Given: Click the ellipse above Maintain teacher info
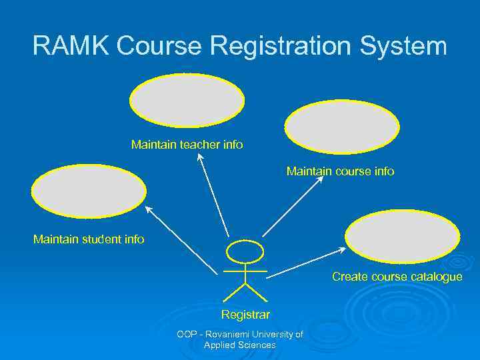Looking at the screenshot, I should click(x=187, y=100).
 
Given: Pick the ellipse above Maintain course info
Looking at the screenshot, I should click(x=342, y=127).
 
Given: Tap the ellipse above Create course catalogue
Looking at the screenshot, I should click(x=403, y=236).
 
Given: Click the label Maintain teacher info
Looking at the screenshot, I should click(x=187, y=144).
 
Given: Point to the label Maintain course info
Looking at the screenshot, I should click(x=340, y=171).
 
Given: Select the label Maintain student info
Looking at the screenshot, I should click(x=89, y=239).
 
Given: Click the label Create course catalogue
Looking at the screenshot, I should click(x=397, y=277).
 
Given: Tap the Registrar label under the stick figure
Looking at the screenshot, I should click(x=245, y=314).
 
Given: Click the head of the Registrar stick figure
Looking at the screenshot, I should click(x=245, y=251).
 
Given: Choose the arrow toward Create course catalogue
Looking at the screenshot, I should click(x=305, y=263).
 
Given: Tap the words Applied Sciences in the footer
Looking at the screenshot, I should click(x=240, y=345).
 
